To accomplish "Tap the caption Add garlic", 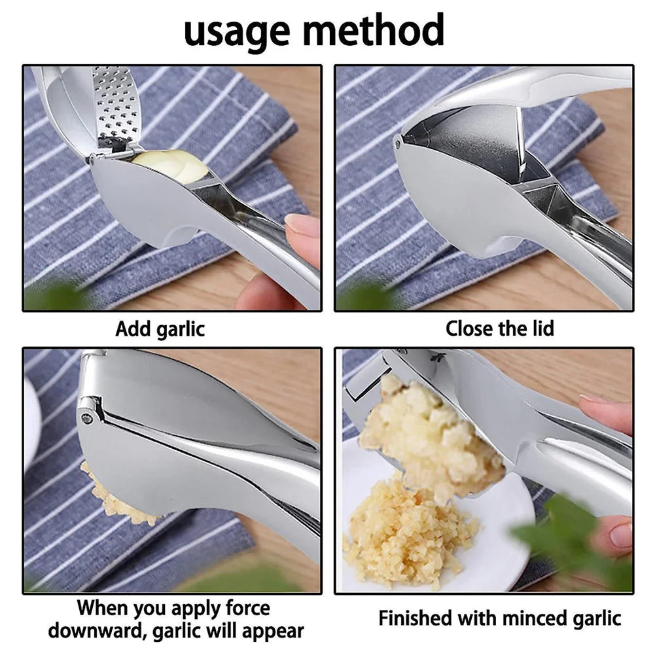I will tap(160, 328).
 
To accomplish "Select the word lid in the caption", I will tap(539, 328).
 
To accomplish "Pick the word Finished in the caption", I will tap(416, 618).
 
